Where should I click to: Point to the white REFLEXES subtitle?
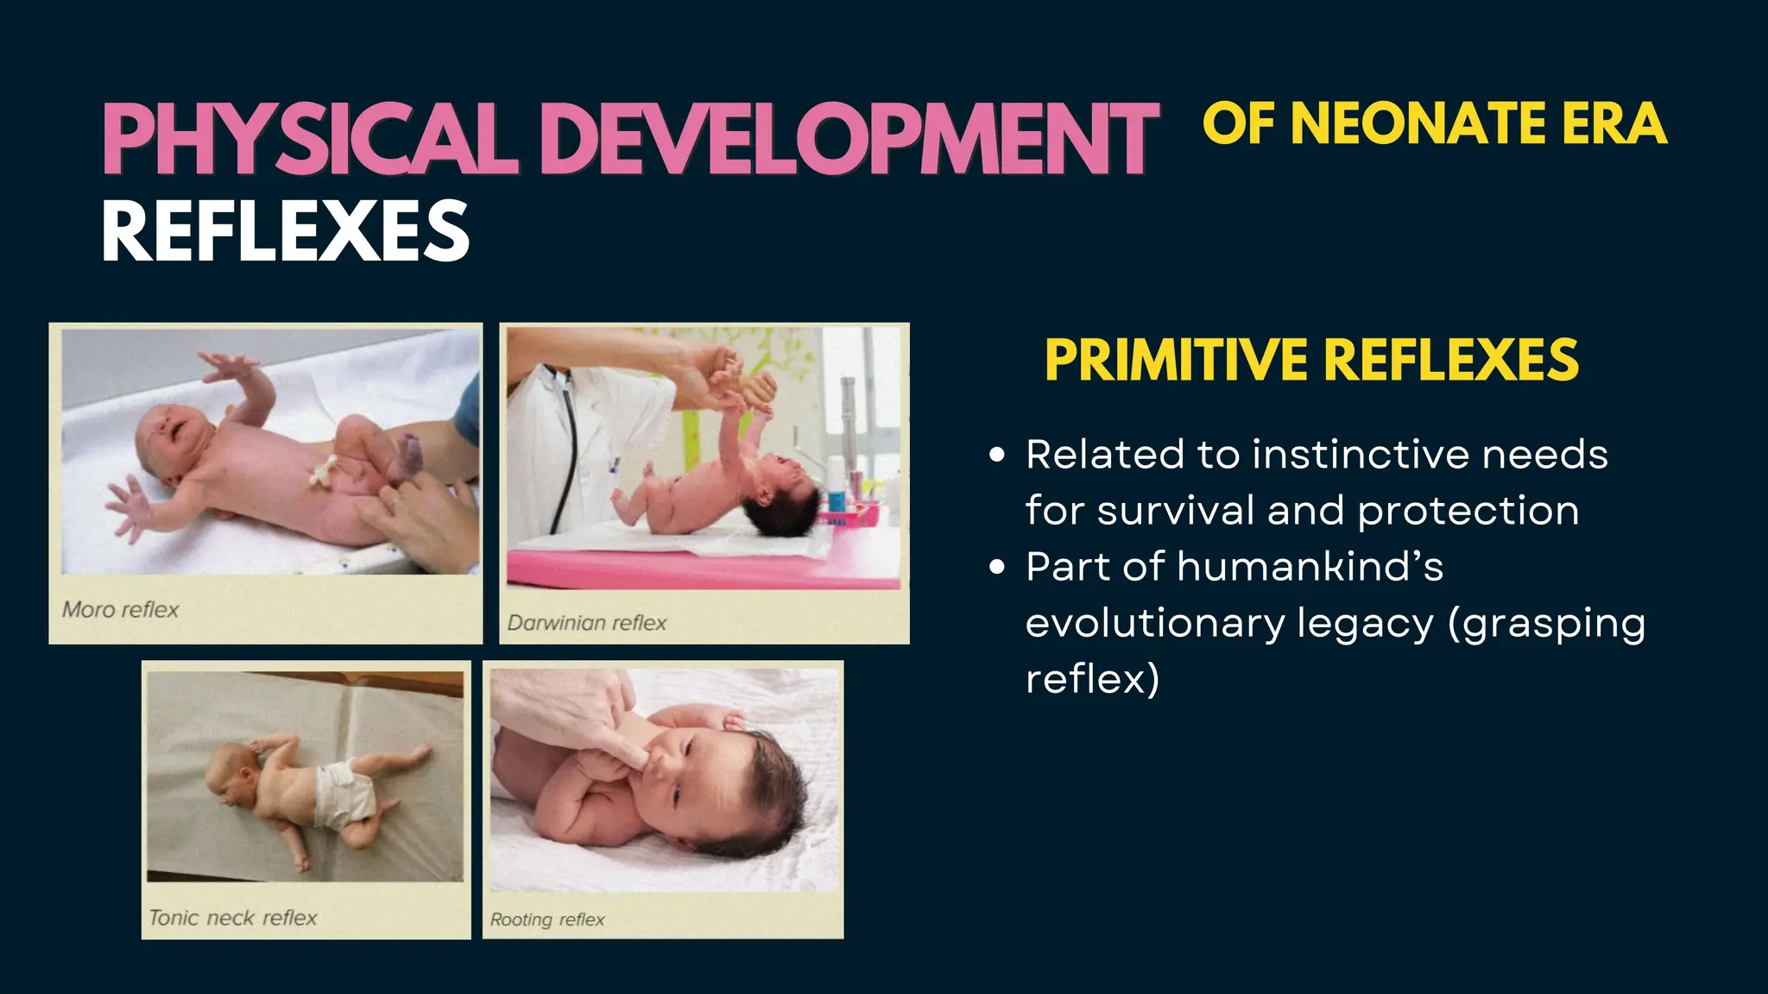pyautogui.click(x=285, y=230)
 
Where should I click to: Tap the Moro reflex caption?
pyautogui.click(x=120, y=609)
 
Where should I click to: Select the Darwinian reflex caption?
pyautogui.click(x=586, y=622)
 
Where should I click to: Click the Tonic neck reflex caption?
pyautogui.click(x=232, y=917)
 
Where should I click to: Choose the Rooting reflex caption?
pyautogui.click(x=547, y=920)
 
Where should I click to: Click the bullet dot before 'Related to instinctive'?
pyautogui.click(x=997, y=455)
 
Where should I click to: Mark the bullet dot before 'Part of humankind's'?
pyautogui.click(x=997, y=567)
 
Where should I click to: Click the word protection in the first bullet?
pyautogui.click(x=1468, y=511)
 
